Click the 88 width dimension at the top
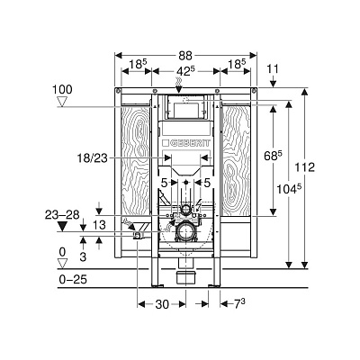click(185, 56)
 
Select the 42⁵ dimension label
click(186, 71)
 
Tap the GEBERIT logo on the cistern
click(186, 143)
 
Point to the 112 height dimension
click(305, 167)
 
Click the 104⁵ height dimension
click(289, 189)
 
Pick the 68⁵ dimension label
click(273, 156)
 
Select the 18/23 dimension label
click(93, 158)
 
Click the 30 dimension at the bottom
click(162, 304)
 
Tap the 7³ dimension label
click(239, 304)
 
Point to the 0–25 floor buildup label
click(73, 280)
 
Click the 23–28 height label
click(62, 215)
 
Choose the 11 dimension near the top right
click(273, 69)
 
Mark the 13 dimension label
click(99, 225)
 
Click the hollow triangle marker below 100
click(62, 103)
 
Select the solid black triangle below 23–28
click(62, 227)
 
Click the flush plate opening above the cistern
click(186, 107)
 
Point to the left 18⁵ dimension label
click(138, 64)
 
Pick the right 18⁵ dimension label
click(237, 64)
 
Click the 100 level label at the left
click(62, 90)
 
